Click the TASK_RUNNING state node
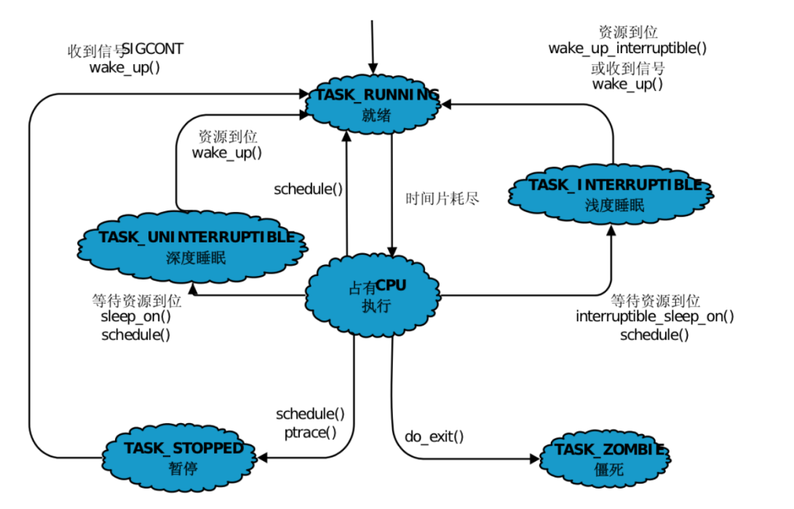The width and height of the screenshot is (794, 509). click(x=377, y=105)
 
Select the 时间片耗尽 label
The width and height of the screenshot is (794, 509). click(x=442, y=198)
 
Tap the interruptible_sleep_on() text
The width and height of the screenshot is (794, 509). click(x=655, y=317)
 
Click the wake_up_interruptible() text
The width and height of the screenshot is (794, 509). click(x=627, y=49)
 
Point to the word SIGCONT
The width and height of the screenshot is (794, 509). click(x=153, y=49)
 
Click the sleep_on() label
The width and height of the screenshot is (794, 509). click(x=136, y=317)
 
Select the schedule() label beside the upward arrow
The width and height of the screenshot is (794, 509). click(x=308, y=189)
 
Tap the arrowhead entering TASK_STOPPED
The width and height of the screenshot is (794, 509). click(x=263, y=458)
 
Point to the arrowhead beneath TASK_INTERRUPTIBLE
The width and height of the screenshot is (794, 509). click(x=611, y=230)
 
